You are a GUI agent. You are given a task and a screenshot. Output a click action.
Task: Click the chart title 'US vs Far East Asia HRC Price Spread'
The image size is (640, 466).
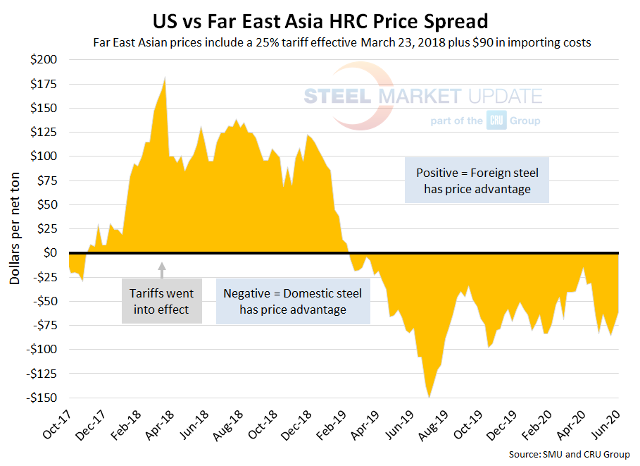click(x=320, y=17)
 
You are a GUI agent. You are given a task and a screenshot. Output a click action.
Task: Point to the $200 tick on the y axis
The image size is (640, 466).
click(x=45, y=59)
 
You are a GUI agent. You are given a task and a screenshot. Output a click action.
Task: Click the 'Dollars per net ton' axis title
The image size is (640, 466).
click(x=15, y=228)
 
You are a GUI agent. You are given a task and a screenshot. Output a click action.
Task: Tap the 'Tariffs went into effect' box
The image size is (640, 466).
click(x=161, y=301)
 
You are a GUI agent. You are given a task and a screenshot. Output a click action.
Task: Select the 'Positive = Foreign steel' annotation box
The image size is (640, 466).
click(x=477, y=180)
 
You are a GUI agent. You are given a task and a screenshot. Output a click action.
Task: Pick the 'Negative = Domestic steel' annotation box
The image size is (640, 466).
click(x=293, y=301)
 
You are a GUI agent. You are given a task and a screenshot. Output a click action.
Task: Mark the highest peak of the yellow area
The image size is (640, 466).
click(x=165, y=76)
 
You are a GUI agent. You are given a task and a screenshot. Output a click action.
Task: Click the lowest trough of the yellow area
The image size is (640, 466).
click(x=429, y=397)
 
